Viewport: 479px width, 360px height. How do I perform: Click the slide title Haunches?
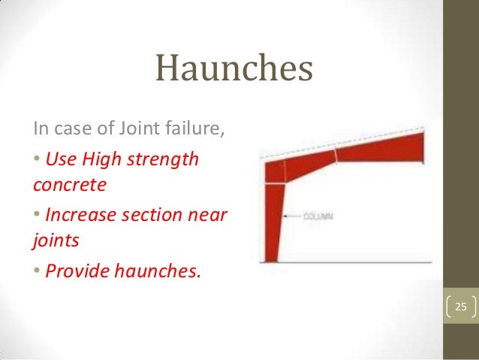pos(233,71)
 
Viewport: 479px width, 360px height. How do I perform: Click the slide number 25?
pos(460,307)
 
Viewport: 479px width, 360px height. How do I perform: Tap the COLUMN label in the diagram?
pos(318,216)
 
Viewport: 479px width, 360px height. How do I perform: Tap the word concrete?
pos(67,183)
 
